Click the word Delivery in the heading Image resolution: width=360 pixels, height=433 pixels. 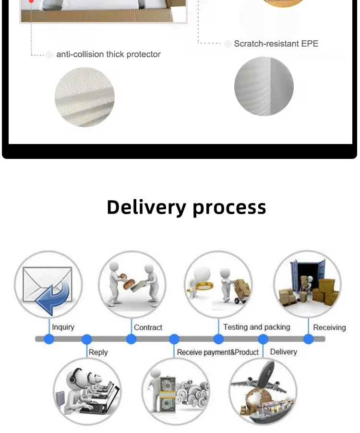(x=147, y=207)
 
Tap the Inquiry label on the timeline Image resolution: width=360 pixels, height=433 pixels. (x=63, y=327)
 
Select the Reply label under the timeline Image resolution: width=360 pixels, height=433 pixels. (x=98, y=352)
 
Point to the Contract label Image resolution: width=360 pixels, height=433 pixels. (x=148, y=327)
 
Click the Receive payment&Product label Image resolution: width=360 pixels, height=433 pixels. (x=217, y=352)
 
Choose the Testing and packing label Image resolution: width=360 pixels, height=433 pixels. (x=256, y=327)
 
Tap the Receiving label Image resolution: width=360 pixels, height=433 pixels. (x=329, y=327)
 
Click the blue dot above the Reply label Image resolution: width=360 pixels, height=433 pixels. (x=87, y=339)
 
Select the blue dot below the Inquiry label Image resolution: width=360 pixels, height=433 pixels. (x=49, y=339)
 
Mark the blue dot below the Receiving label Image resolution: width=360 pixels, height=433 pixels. (x=309, y=339)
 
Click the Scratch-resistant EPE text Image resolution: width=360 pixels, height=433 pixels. (x=276, y=44)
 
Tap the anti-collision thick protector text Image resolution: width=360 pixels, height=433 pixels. (x=108, y=54)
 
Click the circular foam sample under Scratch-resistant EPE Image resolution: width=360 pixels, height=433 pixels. (x=264, y=86)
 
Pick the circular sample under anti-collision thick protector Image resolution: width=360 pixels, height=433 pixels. (x=84, y=97)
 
